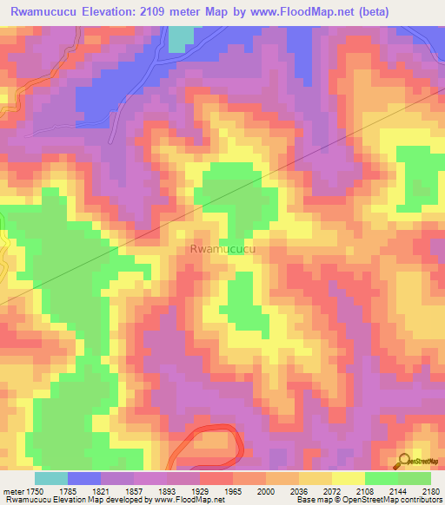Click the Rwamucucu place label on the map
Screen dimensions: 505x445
[222, 249]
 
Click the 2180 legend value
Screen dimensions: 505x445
[430, 490]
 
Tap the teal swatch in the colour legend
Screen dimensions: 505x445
[51, 478]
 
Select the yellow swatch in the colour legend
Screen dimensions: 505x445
[348, 478]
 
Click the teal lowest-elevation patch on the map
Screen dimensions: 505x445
[181, 38]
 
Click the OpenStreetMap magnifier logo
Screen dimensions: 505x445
[404, 460]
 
